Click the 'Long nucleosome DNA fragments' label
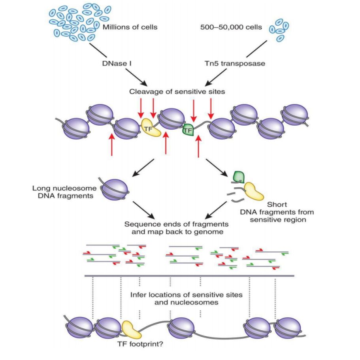click(62, 192)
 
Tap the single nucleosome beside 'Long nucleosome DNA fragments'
click(115, 188)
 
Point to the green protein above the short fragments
click(239, 177)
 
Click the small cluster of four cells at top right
click(279, 30)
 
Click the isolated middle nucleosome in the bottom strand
click(182, 326)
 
